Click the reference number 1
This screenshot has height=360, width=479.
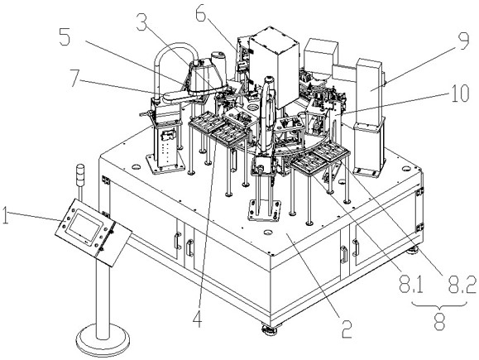[x=5, y=216]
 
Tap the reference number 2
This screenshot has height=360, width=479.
[x=346, y=329]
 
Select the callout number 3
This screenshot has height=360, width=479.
[x=142, y=22]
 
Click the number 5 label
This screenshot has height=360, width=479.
[x=65, y=37]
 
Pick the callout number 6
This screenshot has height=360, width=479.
[x=201, y=13]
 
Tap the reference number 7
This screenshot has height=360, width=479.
[x=77, y=78]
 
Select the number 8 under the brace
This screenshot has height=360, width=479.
[x=439, y=321]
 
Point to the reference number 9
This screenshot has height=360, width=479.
[x=463, y=41]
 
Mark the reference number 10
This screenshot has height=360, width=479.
[x=457, y=94]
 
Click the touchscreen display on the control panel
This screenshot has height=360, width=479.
[x=85, y=227]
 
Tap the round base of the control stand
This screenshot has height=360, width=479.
[x=103, y=341]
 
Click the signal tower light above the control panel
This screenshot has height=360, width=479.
[x=80, y=175]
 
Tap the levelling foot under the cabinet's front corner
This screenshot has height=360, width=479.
[x=270, y=330]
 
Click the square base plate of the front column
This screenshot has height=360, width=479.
[x=265, y=210]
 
